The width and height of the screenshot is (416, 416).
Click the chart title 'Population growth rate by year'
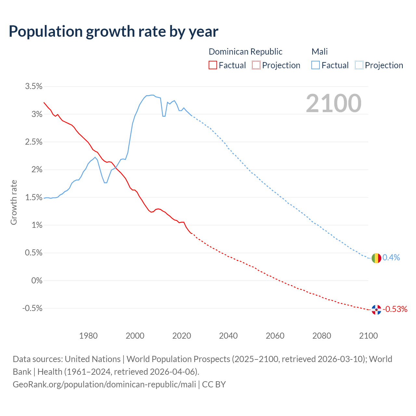point(113,32)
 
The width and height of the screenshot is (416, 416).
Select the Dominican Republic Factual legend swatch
point(213,65)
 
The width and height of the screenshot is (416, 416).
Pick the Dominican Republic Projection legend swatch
point(256,65)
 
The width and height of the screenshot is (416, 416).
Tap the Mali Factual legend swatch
point(316,65)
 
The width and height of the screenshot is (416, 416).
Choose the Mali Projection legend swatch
point(359,65)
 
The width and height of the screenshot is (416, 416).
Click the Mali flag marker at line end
point(376,258)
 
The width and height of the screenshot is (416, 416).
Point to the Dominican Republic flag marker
point(376,310)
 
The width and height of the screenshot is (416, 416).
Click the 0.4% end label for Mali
point(391,258)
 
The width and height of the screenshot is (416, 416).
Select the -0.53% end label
point(395,309)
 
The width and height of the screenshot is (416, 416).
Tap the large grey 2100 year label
point(333,103)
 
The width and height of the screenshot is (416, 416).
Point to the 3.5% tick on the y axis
point(33,86)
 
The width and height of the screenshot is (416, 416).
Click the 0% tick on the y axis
point(37,280)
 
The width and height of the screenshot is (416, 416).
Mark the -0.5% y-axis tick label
point(32,308)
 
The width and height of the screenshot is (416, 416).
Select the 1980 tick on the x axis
point(88,336)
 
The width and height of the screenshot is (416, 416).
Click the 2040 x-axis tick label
point(228,336)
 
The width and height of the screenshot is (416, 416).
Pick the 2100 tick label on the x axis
point(368,336)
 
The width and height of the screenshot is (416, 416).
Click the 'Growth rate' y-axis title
point(14,202)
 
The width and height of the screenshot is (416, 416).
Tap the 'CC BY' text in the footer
point(214,384)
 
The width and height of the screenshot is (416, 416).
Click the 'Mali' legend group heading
point(319,52)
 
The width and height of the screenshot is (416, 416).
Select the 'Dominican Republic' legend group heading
point(245,52)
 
